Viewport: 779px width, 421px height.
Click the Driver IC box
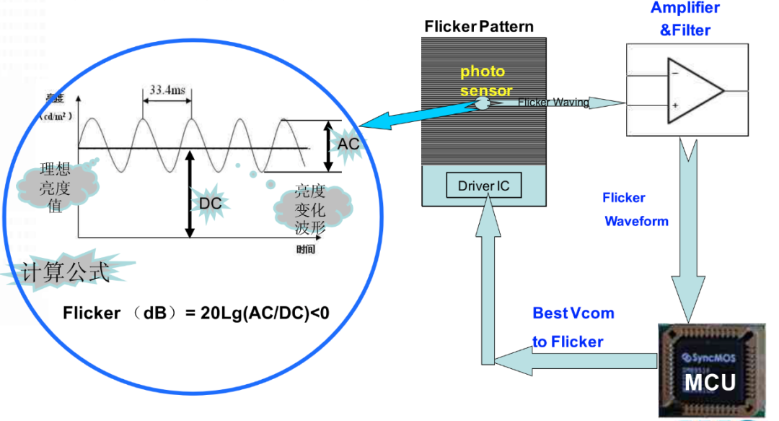(x=483, y=186)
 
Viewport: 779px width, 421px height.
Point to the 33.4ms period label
(x=166, y=91)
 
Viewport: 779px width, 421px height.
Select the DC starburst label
(x=210, y=204)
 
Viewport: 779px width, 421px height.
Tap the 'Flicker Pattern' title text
(x=479, y=27)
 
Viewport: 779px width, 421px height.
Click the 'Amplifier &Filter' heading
(x=685, y=19)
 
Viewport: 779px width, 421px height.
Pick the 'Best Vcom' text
(x=573, y=313)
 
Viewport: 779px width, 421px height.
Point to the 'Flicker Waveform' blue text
(x=635, y=209)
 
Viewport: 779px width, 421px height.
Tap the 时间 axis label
(x=306, y=249)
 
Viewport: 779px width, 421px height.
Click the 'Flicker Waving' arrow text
(x=553, y=103)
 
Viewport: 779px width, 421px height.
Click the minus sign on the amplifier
(x=674, y=73)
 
